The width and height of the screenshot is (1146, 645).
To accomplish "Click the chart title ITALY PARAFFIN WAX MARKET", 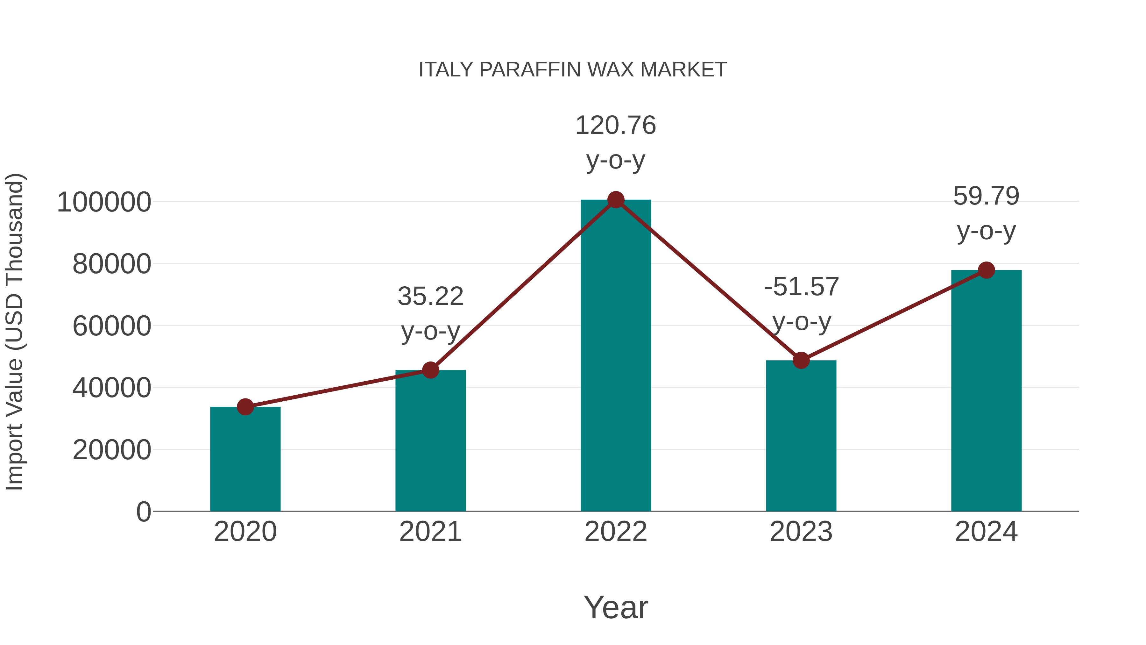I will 573,70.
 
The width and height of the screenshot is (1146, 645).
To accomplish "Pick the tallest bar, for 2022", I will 616,356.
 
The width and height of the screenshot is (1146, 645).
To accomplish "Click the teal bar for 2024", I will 986,392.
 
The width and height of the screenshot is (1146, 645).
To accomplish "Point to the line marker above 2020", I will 245,406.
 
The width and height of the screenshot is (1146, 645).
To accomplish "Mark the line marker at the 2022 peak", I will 616,200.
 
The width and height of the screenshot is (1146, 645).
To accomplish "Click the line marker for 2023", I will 801,360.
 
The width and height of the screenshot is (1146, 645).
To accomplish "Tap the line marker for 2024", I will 986,270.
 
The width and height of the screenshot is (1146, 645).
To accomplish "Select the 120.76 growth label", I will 616,125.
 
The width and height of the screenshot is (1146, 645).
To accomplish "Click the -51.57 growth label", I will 801,287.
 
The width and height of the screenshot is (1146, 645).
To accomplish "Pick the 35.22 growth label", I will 430,297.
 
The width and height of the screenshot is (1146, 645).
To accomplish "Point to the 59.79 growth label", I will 986,196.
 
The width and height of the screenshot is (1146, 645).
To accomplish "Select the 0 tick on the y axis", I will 143,512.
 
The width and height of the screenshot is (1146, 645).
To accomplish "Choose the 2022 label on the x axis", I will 616,532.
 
